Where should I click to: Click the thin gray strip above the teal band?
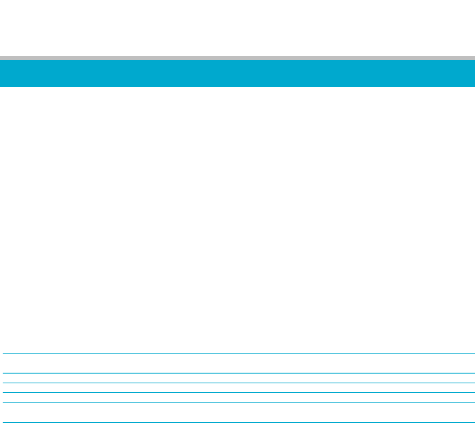point(238,58)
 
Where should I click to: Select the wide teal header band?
point(238,74)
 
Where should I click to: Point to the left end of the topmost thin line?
point(4,353)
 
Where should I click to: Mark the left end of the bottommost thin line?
point(4,423)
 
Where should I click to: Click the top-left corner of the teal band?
point(1,61)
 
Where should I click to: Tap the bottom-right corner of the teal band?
point(474,86)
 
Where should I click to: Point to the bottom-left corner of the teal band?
point(1,86)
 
